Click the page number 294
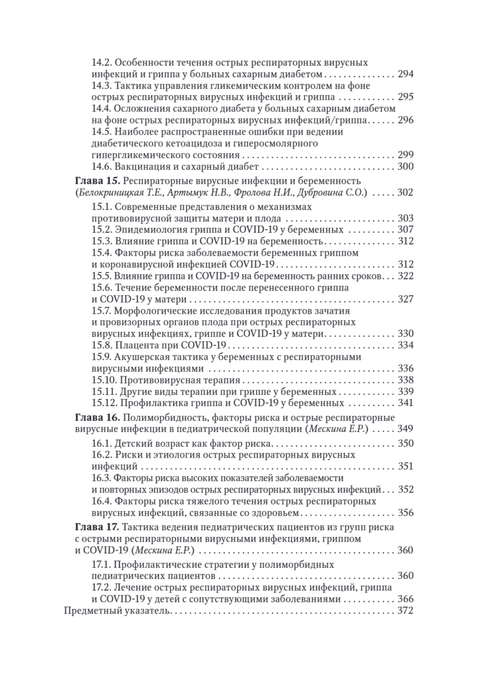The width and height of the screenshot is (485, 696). (x=405, y=74)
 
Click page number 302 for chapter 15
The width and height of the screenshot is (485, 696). (x=405, y=193)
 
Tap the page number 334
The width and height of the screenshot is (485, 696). (x=405, y=346)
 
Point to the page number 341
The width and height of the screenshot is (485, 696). (x=405, y=403)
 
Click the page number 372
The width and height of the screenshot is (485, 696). (x=405, y=611)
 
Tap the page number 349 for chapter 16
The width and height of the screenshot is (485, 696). (x=405, y=429)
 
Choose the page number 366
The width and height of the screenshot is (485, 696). (x=405, y=599)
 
